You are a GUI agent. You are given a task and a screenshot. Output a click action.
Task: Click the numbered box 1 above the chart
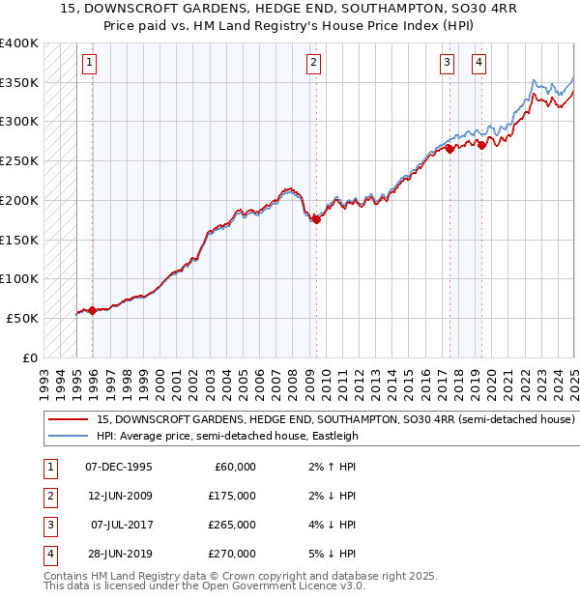point(89,64)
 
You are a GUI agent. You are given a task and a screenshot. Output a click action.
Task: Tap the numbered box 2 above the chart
point(314,64)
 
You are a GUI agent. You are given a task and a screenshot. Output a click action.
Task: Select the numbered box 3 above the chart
point(448,64)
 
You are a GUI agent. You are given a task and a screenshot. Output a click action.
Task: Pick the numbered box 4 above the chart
point(479,64)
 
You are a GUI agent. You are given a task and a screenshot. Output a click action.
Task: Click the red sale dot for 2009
point(316,220)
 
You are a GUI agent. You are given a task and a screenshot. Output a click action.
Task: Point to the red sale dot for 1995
point(93,310)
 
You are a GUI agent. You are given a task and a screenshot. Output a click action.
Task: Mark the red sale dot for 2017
point(449,149)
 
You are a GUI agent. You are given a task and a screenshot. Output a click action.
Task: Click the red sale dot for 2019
point(481,145)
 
